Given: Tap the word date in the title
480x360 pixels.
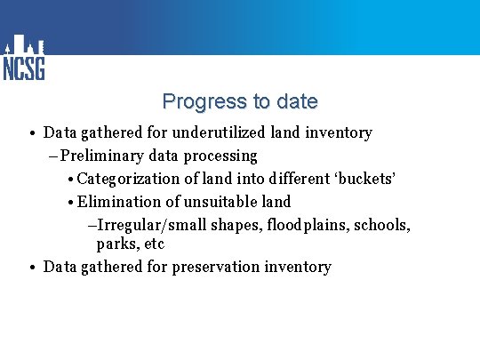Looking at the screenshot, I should tap(297, 101).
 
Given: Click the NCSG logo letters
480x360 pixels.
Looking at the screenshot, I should tap(24, 68).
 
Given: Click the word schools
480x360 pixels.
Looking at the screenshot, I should tap(382, 225).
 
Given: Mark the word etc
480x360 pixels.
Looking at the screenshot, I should tap(153, 244).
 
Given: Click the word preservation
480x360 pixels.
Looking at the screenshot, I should tap(216, 267).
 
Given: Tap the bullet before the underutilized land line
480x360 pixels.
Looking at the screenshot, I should tap(31, 133).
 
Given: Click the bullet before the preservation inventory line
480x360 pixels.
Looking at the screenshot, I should tap(31, 268).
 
